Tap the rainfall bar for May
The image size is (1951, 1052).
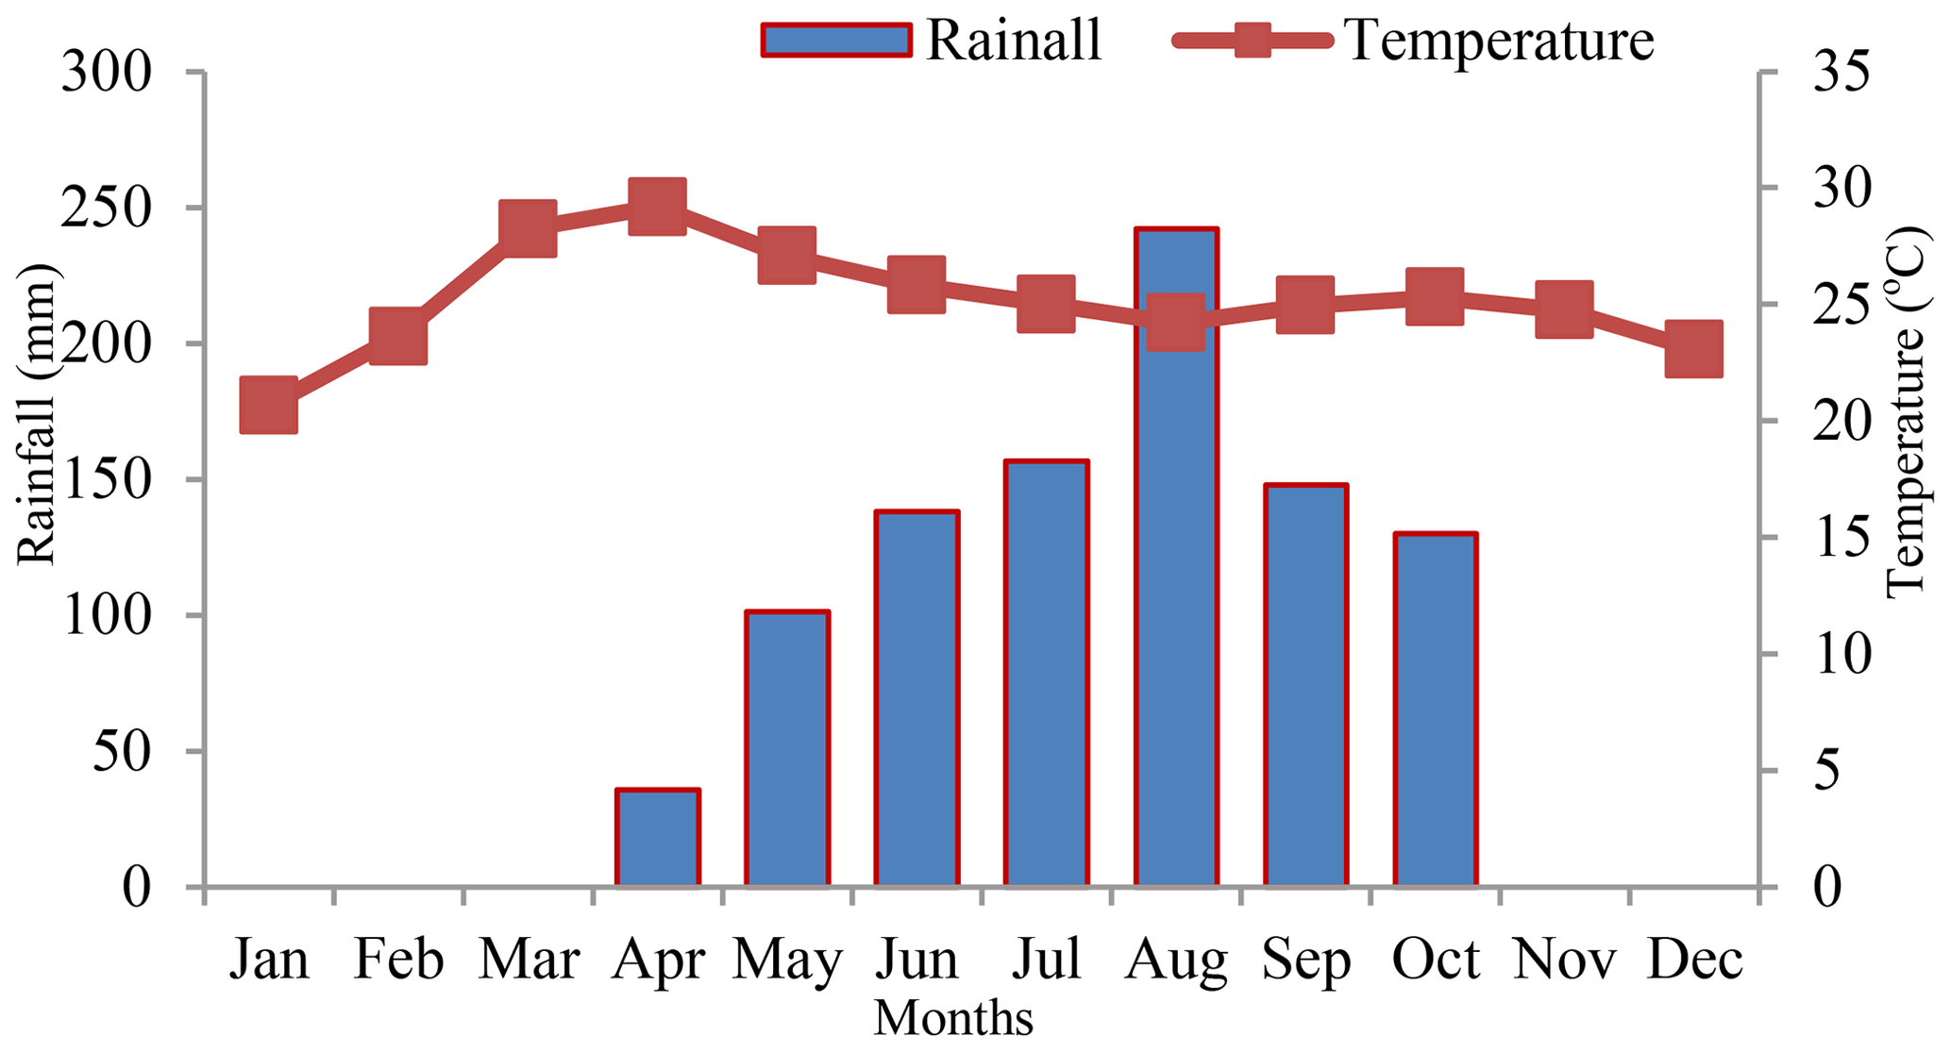coord(787,749)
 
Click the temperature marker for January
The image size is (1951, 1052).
coord(269,405)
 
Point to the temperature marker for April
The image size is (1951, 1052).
coord(658,206)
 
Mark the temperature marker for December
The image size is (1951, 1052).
coord(1694,348)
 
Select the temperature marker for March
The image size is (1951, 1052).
coord(528,228)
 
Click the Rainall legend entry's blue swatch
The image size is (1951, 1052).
coord(836,41)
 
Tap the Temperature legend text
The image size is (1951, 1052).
coord(1499,41)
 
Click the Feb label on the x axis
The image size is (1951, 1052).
coord(398,960)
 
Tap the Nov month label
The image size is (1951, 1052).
coord(1565,960)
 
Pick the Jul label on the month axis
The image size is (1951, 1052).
coord(1047,960)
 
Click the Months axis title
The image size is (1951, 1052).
coord(953,1021)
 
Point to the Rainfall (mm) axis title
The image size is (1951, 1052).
coord(38,415)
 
